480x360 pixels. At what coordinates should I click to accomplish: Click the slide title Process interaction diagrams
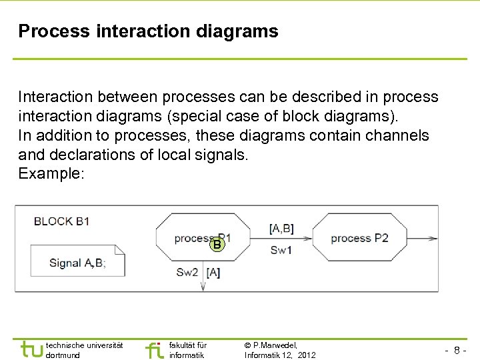point(148,31)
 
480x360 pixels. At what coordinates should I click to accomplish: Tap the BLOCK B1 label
point(62,221)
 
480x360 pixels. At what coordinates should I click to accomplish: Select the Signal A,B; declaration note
point(77,262)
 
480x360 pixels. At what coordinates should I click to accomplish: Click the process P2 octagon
point(359,238)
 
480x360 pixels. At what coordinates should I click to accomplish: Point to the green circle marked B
point(217,245)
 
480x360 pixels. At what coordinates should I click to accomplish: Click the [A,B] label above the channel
point(281,229)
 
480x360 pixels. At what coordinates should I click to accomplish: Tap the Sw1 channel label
point(281,251)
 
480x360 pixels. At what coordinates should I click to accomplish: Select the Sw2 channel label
point(187,272)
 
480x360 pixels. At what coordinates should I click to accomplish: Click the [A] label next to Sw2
point(213,272)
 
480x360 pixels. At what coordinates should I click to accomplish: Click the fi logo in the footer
point(154,349)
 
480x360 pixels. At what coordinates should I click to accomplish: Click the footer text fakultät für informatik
point(188,350)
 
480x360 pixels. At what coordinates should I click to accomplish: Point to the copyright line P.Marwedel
point(271,345)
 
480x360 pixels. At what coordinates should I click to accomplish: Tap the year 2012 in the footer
point(307,355)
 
